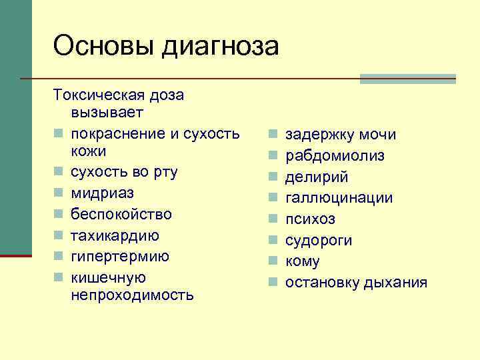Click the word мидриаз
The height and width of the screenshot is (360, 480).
pos(103,193)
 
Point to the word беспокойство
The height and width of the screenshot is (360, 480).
pos(121,215)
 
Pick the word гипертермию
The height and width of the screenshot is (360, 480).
pos(120,257)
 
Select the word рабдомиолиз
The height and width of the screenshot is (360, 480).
pos(335,156)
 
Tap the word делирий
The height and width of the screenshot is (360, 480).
pos(317,177)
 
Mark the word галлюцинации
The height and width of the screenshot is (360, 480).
pos(339,198)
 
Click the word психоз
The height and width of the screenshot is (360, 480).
pos(310,219)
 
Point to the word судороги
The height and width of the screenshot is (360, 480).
pos(319,240)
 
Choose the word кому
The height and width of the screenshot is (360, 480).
pos(303,261)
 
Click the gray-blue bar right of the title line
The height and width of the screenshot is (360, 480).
pos(407,79)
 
